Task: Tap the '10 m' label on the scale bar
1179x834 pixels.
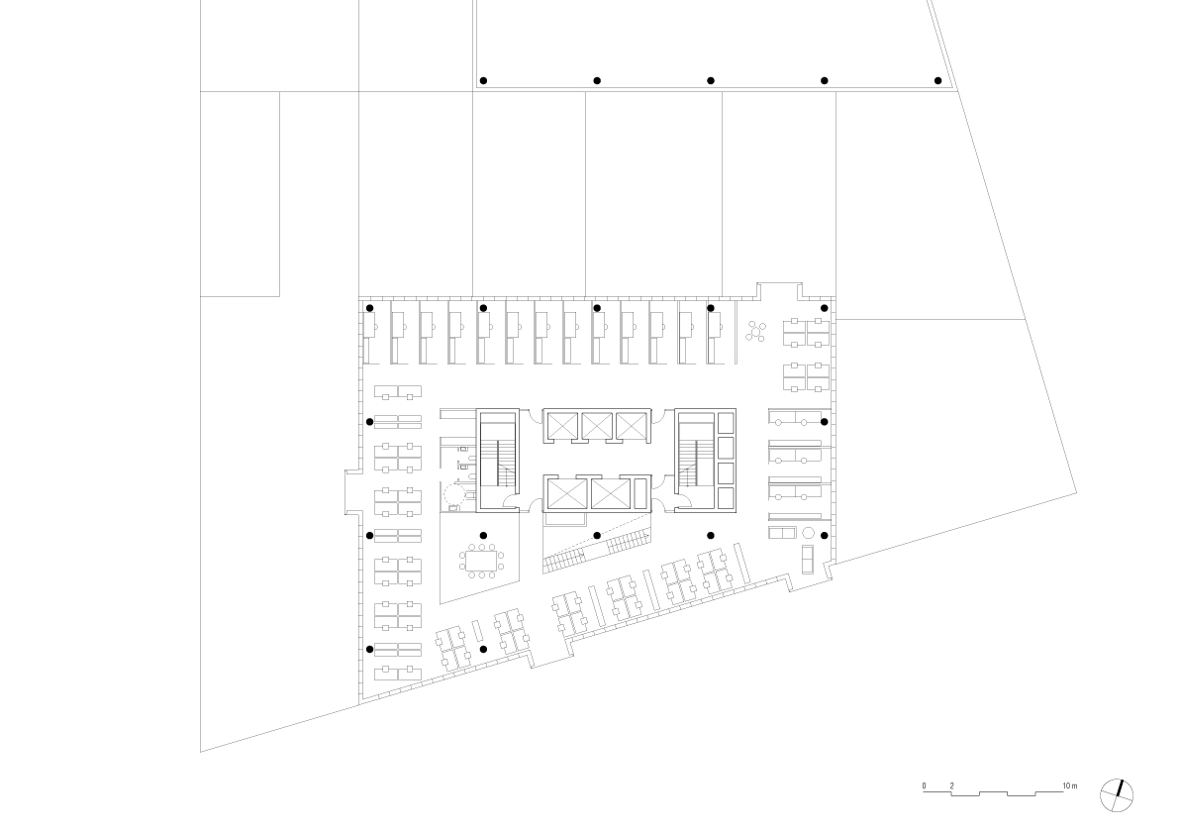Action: click(1069, 785)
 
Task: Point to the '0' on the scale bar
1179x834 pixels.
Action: click(925, 785)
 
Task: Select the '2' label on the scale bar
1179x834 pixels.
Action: click(952, 785)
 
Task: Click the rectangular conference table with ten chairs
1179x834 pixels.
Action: click(482, 561)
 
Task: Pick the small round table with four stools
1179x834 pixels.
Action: click(756, 331)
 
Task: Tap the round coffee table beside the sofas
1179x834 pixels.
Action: click(809, 533)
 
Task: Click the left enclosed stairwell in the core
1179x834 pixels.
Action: click(497, 462)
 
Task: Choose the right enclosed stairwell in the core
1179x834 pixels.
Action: click(696, 462)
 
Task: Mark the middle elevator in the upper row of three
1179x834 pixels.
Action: click(597, 426)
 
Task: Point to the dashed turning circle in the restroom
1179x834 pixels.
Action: click(453, 496)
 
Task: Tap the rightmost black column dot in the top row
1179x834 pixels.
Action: click(937, 80)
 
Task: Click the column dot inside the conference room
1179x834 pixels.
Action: click(483, 536)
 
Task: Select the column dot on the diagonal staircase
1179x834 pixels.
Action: click(597, 536)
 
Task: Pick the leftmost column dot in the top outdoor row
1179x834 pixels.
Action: click(483, 80)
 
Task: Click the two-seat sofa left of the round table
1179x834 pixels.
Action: click(781, 533)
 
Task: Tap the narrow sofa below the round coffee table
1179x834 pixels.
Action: click(809, 561)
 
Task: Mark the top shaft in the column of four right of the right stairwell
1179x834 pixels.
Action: click(726, 423)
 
